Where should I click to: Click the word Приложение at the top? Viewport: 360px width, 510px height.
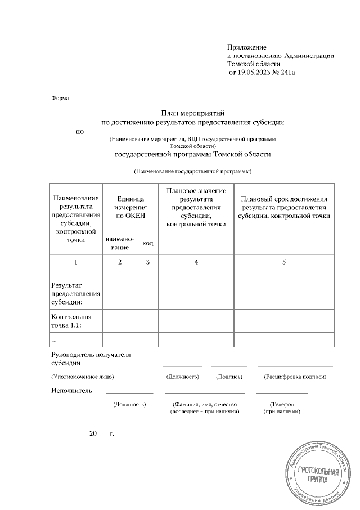point(246,47)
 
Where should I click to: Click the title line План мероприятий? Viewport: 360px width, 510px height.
point(192,113)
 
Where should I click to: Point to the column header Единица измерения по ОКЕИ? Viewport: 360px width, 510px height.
point(130,207)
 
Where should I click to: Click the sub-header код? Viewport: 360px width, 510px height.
point(147,243)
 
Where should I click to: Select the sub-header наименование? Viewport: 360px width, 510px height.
point(120,243)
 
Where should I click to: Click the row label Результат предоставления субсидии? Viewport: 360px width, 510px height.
point(75,293)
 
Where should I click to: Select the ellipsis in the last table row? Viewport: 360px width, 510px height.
point(54,339)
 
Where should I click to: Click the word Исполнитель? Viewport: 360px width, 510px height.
point(71,390)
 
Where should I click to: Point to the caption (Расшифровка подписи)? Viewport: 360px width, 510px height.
point(295,376)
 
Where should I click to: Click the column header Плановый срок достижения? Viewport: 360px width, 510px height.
point(284,199)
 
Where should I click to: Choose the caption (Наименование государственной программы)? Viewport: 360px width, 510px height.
point(192,171)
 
